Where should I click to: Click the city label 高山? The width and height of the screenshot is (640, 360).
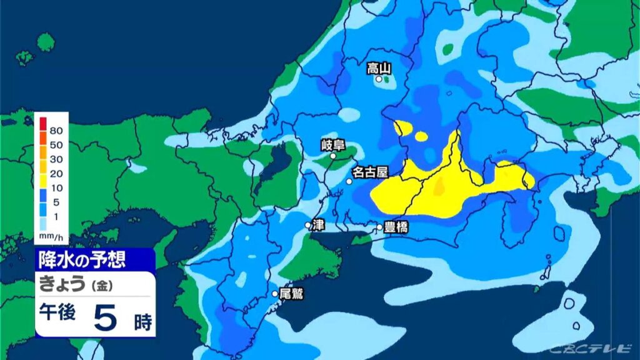point(379,67)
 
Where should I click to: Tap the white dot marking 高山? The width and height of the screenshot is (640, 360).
point(379,79)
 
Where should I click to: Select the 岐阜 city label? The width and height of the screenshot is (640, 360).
point(333,146)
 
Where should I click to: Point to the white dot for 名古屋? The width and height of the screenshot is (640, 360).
point(349,181)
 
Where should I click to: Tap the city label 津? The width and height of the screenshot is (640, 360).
point(319,224)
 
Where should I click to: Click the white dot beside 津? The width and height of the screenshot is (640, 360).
point(308,225)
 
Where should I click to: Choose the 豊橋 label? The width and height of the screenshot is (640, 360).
point(396,227)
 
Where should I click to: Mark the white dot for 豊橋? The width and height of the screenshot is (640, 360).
point(379,227)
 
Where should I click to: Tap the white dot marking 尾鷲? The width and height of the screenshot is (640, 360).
point(274,293)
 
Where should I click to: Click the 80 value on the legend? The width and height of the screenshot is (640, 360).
point(56,131)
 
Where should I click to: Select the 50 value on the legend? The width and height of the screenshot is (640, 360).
point(56,145)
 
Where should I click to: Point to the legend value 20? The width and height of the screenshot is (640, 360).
point(56,173)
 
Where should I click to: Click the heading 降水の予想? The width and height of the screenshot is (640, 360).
point(83,259)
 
